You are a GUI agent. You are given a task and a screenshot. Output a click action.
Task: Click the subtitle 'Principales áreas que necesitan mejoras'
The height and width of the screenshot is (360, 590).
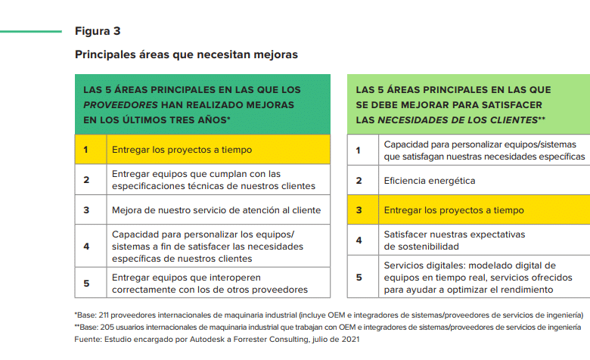tap(186, 54)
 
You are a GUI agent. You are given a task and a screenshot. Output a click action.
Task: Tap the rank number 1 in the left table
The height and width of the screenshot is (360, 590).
tap(86, 150)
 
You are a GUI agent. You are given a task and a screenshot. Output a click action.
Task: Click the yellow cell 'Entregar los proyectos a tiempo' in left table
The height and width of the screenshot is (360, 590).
tap(182, 150)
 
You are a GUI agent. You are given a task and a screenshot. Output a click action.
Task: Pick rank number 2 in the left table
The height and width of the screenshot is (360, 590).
tap(86, 180)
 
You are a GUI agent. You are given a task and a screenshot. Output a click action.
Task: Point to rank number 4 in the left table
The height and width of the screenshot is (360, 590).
tap(86, 246)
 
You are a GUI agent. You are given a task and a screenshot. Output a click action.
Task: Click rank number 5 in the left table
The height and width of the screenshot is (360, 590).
tap(86, 283)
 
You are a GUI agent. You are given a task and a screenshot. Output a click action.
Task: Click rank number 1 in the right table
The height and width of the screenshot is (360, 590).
tap(359, 151)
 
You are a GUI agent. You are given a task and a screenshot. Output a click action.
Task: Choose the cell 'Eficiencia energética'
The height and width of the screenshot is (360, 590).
tap(430, 181)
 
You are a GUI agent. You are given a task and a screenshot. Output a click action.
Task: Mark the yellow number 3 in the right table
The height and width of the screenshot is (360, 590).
tap(359, 210)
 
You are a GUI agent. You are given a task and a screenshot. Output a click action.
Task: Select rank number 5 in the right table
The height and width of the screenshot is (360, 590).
tap(359, 277)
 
